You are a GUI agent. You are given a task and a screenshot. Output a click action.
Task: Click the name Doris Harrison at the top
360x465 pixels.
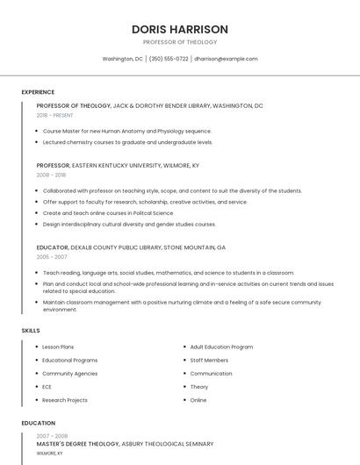(179, 29)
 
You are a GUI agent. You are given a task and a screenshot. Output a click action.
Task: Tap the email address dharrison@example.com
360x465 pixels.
(226, 59)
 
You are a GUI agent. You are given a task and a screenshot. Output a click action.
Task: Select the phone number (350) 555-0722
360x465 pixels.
(169, 59)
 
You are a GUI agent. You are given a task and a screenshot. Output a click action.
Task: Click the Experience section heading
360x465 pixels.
(38, 92)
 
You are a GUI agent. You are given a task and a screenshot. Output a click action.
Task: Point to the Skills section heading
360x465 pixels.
(31, 330)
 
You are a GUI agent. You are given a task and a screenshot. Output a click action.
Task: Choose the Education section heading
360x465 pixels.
(38, 423)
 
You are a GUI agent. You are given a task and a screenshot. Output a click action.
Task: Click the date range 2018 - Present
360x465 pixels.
(55, 115)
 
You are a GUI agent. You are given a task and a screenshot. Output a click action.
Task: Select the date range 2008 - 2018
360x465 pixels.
(51, 175)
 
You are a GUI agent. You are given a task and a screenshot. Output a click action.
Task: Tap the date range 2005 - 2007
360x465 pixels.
(51, 257)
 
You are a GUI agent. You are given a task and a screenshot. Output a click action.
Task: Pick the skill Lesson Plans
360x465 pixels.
(58, 347)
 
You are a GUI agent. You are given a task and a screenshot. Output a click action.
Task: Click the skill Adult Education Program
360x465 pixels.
(221, 347)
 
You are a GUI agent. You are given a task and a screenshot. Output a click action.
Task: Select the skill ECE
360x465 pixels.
(47, 387)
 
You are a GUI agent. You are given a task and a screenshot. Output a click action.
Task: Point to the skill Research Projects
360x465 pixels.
(65, 400)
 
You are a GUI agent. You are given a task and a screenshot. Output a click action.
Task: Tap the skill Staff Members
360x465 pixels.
(209, 360)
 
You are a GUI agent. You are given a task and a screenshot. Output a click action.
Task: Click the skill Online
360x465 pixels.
(198, 400)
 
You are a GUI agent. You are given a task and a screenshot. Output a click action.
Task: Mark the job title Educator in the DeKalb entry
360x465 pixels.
(53, 247)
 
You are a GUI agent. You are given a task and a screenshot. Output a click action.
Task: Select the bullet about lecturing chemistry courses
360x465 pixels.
(128, 141)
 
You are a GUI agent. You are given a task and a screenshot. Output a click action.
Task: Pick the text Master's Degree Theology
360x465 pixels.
(77, 444)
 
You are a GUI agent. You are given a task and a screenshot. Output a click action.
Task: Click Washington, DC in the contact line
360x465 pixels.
(122, 59)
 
